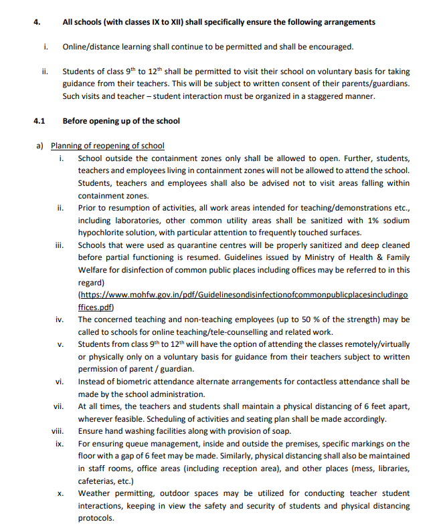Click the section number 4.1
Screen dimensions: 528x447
[39, 122]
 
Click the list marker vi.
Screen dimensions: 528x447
[60, 382]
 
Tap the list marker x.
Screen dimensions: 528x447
[60, 493]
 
